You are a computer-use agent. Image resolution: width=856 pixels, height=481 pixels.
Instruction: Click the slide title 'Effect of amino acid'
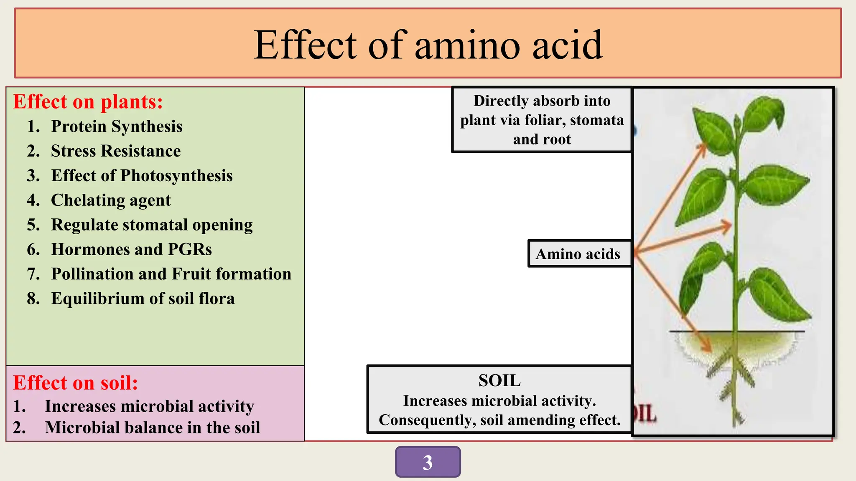pyautogui.click(x=428, y=45)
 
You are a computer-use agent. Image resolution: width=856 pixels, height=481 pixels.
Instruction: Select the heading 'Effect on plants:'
pyautogui.click(x=88, y=102)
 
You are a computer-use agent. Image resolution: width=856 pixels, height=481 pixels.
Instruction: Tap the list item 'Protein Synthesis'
pyautogui.click(x=117, y=127)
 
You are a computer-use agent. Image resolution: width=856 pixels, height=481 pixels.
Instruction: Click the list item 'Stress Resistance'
pyautogui.click(x=116, y=151)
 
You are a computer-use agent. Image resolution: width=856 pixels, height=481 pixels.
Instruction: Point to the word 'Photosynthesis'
pyautogui.click(x=176, y=176)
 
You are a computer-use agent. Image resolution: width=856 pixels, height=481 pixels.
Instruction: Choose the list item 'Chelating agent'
pyautogui.click(x=111, y=200)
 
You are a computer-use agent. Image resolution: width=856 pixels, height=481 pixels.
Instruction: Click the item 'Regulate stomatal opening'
pyautogui.click(x=152, y=225)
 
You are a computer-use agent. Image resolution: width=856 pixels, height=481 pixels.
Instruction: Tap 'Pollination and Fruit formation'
pyautogui.click(x=171, y=274)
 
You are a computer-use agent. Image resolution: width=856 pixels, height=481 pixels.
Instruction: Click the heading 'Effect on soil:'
pyautogui.click(x=75, y=383)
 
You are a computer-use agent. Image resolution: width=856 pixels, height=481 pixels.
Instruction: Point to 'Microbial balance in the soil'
pyautogui.click(x=153, y=428)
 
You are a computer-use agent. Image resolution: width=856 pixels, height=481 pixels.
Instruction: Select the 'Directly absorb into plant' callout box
pyautogui.click(x=542, y=120)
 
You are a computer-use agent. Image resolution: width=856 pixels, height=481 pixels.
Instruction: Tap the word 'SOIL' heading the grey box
pyautogui.click(x=499, y=381)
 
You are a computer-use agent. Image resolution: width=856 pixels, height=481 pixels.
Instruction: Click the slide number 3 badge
pyautogui.click(x=428, y=462)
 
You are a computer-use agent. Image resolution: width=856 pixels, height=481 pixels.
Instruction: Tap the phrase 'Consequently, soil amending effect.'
pyautogui.click(x=499, y=420)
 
